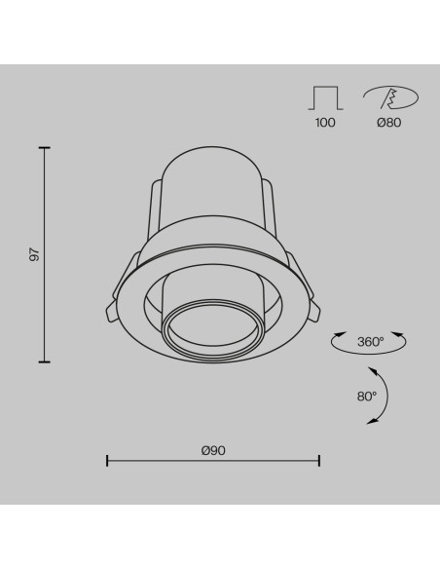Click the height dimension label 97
[34, 254]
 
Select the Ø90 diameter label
[213, 450]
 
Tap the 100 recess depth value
[325, 123]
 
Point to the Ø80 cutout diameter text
[389, 123]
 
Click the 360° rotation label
[371, 341]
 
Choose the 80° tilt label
[367, 397]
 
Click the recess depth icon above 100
[325, 98]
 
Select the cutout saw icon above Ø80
[390, 97]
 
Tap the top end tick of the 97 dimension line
[44, 148]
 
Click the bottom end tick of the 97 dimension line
[44, 361]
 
